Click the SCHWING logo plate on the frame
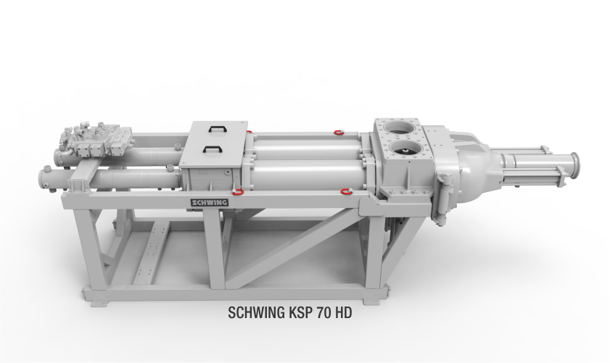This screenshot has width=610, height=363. [210, 202]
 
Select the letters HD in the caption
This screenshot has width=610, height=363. [343, 312]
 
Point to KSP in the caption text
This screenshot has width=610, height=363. [301, 312]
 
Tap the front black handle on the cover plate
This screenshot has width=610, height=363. [211, 149]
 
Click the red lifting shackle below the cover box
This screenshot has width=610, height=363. [238, 191]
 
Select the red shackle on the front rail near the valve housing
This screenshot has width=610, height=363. [346, 191]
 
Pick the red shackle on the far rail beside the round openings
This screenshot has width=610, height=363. [339, 133]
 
